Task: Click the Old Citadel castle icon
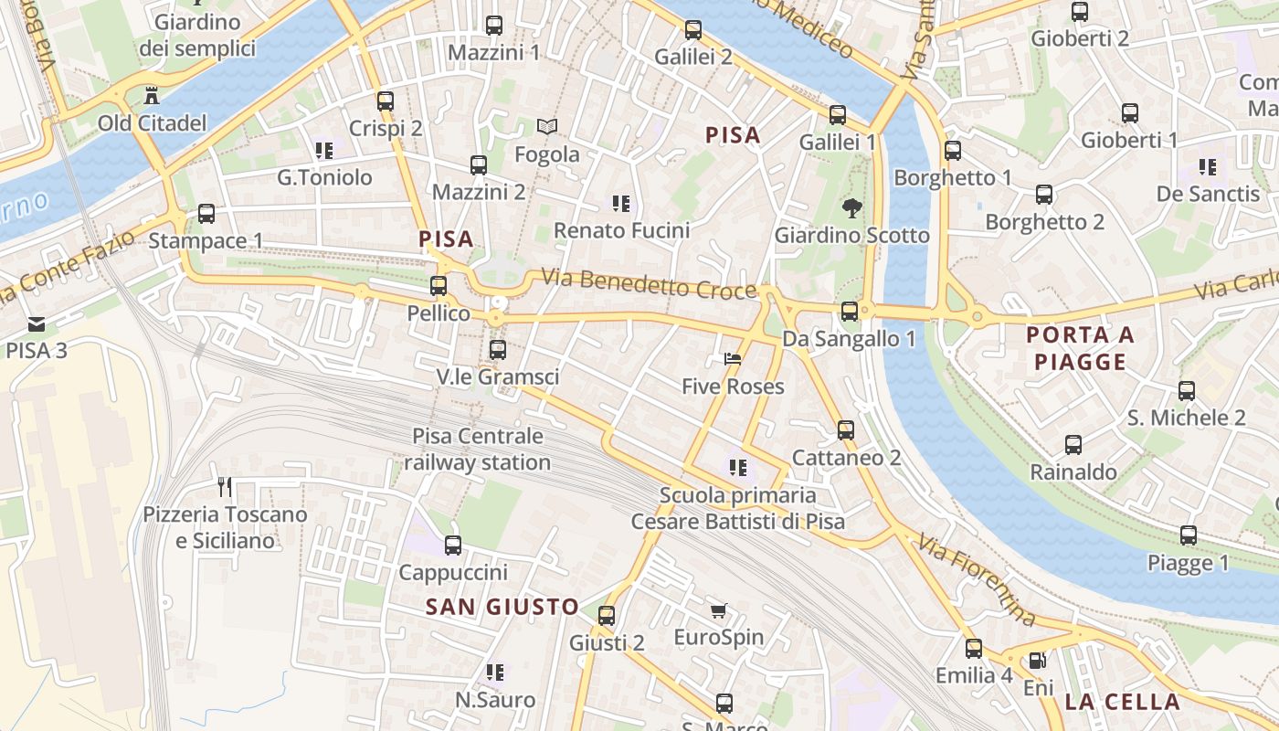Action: click(x=152, y=95)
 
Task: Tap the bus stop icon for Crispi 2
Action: click(x=386, y=101)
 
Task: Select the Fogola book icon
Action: click(x=546, y=127)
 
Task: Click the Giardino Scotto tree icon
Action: click(x=851, y=207)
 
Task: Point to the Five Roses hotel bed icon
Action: click(x=733, y=358)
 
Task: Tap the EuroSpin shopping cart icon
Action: click(x=719, y=609)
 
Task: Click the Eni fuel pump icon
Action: click(x=1038, y=660)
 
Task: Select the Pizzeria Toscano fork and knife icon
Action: click(x=225, y=486)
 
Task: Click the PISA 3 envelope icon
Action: click(x=37, y=323)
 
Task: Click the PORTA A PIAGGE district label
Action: click(x=1080, y=348)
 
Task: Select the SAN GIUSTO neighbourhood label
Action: click(x=502, y=607)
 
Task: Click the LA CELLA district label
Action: click(x=1122, y=702)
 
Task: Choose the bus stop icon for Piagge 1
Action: click(x=1188, y=535)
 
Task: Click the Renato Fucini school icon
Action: click(x=621, y=203)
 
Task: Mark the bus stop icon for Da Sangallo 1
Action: click(x=850, y=311)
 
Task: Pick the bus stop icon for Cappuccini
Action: click(x=452, y=546)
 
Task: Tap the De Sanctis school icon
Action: click(x=1208, y=167)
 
